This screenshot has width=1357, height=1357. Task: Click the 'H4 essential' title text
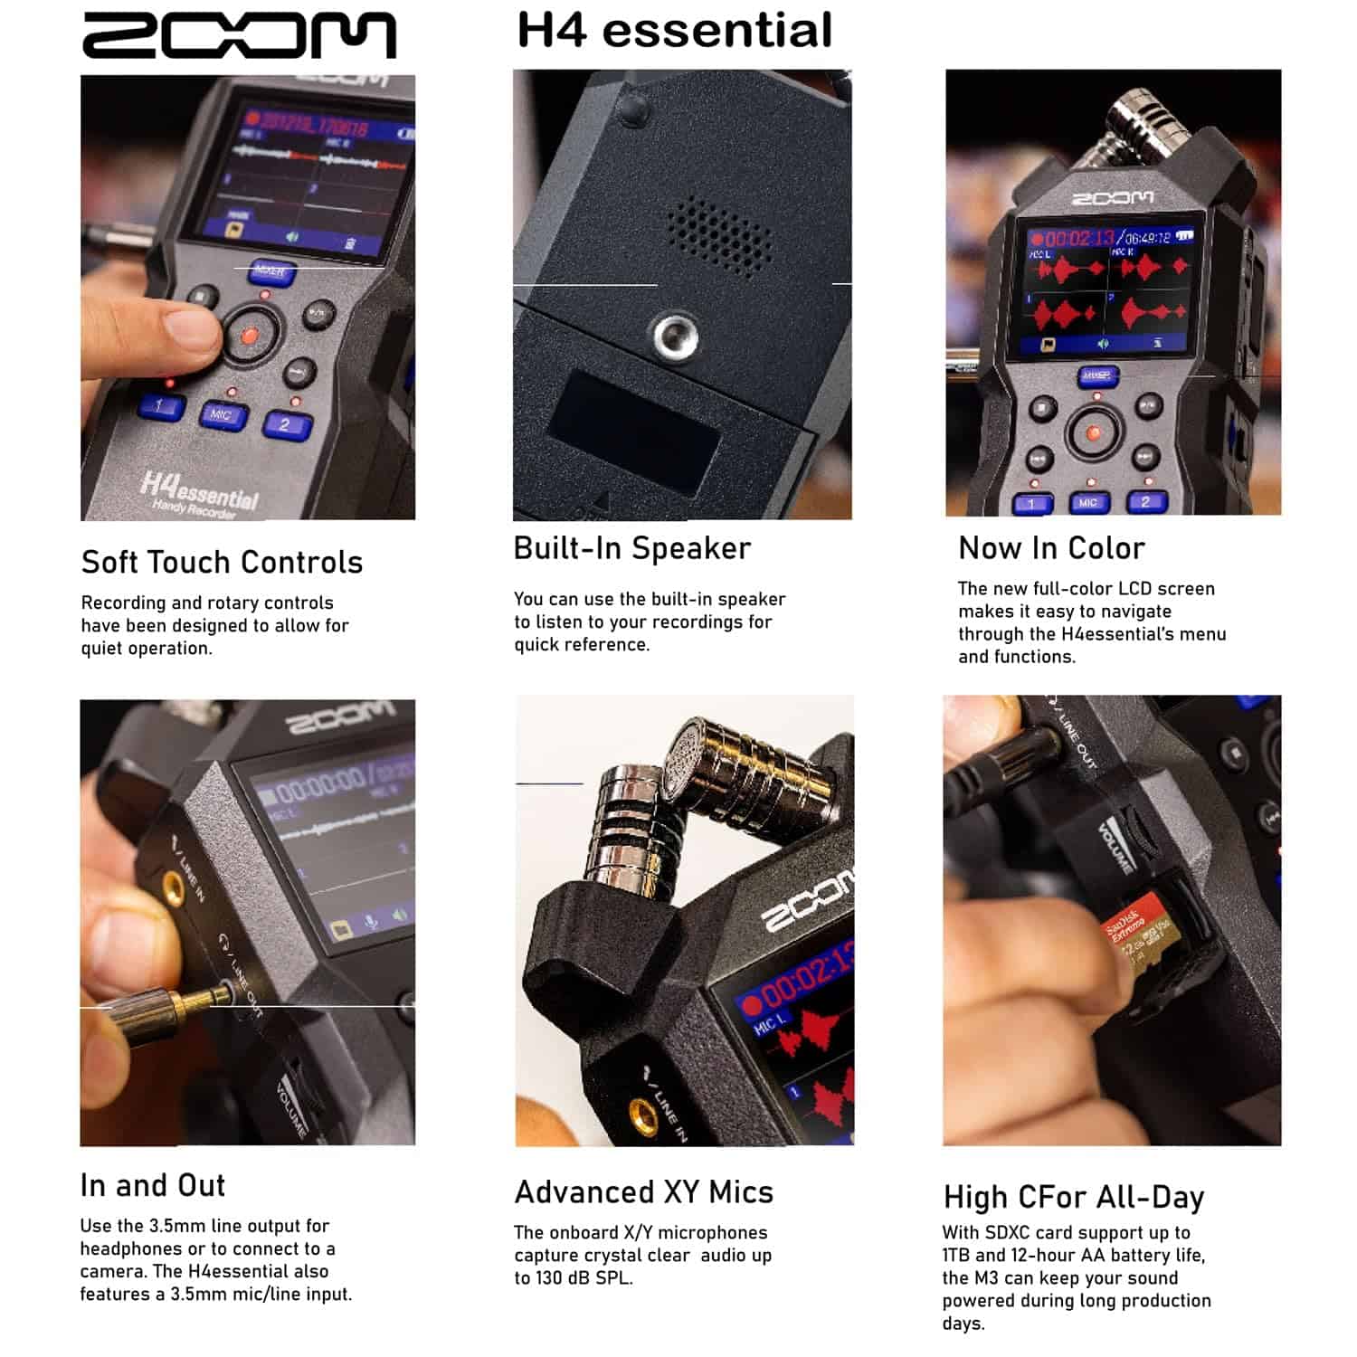point(674,30)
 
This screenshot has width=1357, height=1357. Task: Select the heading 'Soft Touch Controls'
point(222,563)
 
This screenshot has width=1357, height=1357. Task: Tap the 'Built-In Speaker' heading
point(631,548)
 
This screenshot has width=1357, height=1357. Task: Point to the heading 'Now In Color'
point(1051,548)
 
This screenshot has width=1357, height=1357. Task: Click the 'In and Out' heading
point(153,1185)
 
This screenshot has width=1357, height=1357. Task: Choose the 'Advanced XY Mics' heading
point(643,1192)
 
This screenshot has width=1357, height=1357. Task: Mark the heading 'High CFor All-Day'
point(1073,1197)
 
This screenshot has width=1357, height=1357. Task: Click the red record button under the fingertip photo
point(249,337)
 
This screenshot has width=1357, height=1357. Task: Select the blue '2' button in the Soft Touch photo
point(286,424)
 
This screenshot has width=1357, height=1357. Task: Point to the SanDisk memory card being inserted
point(1136,936)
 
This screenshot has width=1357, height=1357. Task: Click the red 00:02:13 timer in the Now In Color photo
point(1078,238)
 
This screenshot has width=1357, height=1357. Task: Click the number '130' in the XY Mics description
point(549,1278)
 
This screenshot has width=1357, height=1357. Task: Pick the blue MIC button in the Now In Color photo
point(1087,503)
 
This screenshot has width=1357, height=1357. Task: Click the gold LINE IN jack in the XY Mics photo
point(643,1111)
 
